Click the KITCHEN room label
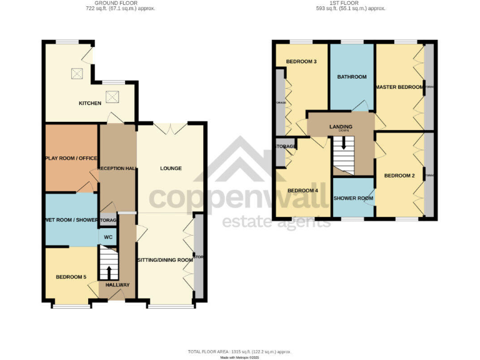pos(89,103)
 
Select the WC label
pos(107,237)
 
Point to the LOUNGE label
pos(171,168)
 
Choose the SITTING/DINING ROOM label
pos(165,259)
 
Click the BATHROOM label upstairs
pos(352,77)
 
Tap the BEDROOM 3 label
pos(301,61)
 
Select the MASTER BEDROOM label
pos(400,87)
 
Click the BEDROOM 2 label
pos(399,176)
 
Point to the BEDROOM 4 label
pos(302,191)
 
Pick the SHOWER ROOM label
pos(353,198)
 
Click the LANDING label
pos(341,127)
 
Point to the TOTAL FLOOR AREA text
pos(239,352)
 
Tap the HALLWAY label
pos(117,285)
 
